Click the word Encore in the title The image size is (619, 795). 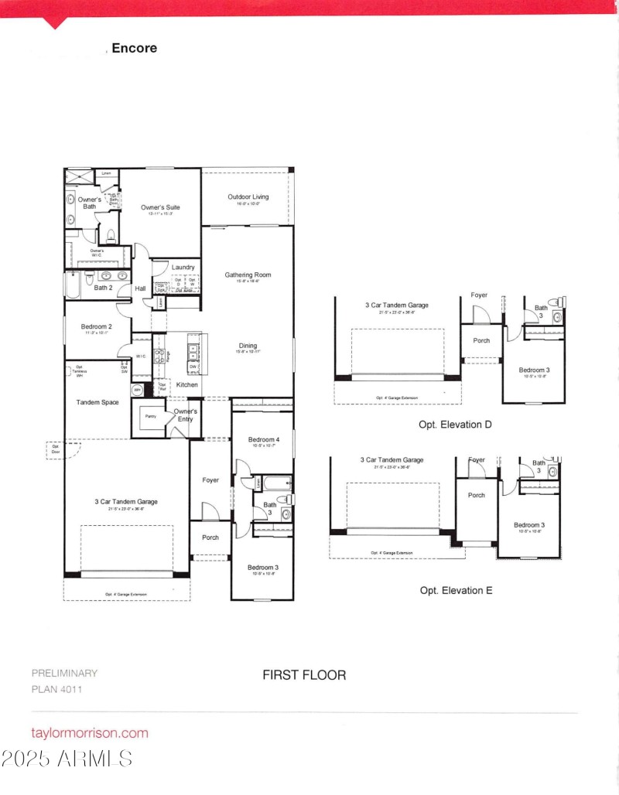pos(135,48)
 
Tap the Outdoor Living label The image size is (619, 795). pos(248,197)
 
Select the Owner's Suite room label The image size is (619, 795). pos(160,207)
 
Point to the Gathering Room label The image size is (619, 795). pos(248,275)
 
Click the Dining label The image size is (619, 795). pos(248,346)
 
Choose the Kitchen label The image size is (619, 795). pos(187,384)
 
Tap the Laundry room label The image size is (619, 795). pos(183,268)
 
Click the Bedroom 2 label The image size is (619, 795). pos(97,326)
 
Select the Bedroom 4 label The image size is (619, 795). pos(262,440)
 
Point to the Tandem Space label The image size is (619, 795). pos(97,402)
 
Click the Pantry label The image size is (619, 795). pos(151,417)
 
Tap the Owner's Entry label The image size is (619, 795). pos(185,415)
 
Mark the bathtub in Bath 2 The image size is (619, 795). pos(72,284)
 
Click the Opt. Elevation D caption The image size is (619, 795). pos(456,425)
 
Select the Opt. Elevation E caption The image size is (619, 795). pos(456,590)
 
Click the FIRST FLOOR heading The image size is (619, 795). pos(304,674)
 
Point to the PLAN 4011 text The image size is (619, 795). pos(56,689)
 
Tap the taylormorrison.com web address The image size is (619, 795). pos(89,732)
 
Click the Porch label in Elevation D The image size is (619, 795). pos(480,339)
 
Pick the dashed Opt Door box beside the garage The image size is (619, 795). pos(56,450)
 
